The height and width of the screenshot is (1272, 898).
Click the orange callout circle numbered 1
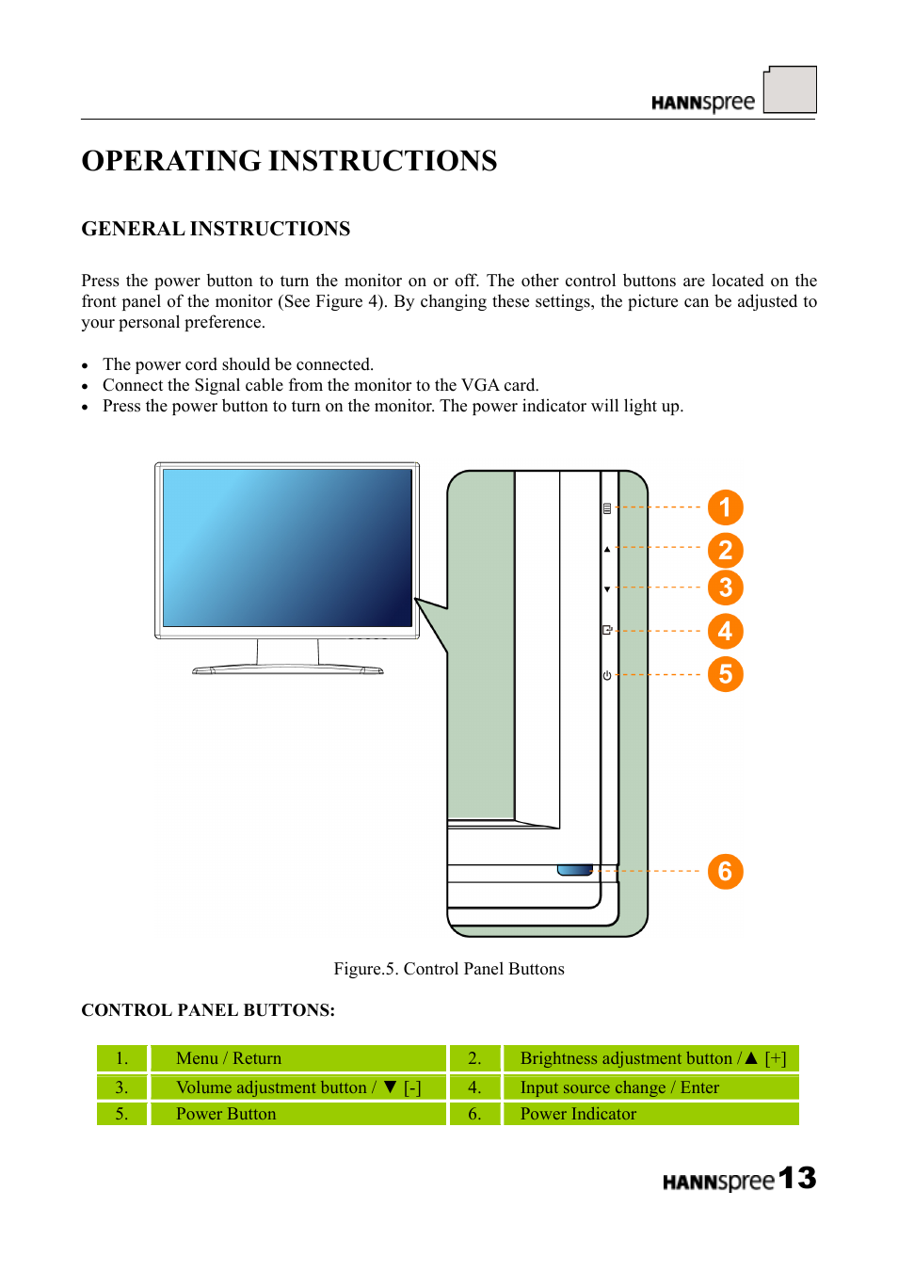click(x=725, y=507)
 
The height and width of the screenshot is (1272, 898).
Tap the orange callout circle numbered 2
click(x=725, y=550)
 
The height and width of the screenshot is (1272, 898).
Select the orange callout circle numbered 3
click(x=725, y=588)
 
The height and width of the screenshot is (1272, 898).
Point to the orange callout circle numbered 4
click(x=725, y=631)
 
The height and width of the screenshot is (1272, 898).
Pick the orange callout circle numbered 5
click(x=725, y=674)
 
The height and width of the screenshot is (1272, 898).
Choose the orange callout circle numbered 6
click(x=725, y=871)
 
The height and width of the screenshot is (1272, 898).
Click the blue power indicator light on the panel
click(x=574, y=870)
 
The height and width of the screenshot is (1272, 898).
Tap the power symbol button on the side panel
click(x=607, y=675)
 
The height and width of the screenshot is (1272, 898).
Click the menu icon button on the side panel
click(x=607, y=508)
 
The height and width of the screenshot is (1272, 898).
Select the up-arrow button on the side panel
click(x=607, y=549)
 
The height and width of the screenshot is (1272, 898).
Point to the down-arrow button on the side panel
click(x=607, y=589)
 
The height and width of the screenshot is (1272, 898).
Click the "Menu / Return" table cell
click(x=297, y=1058)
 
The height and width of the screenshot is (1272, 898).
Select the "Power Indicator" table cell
click(x=649, y=1114)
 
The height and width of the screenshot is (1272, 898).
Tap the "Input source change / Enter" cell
click(x=649, y=1087)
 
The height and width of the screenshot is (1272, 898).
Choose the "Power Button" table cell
click(x=297, y=1114)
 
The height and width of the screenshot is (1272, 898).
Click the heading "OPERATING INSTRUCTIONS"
click(x=289, y=161)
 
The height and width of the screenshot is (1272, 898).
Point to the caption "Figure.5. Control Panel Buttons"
click(x=449, y=969)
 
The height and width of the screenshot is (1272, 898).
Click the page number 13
click(x=797, y=1178)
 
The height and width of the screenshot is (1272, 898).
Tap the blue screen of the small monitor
click(x=287, y=548)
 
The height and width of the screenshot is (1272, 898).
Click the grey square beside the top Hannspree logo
click(x=790, y=89)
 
